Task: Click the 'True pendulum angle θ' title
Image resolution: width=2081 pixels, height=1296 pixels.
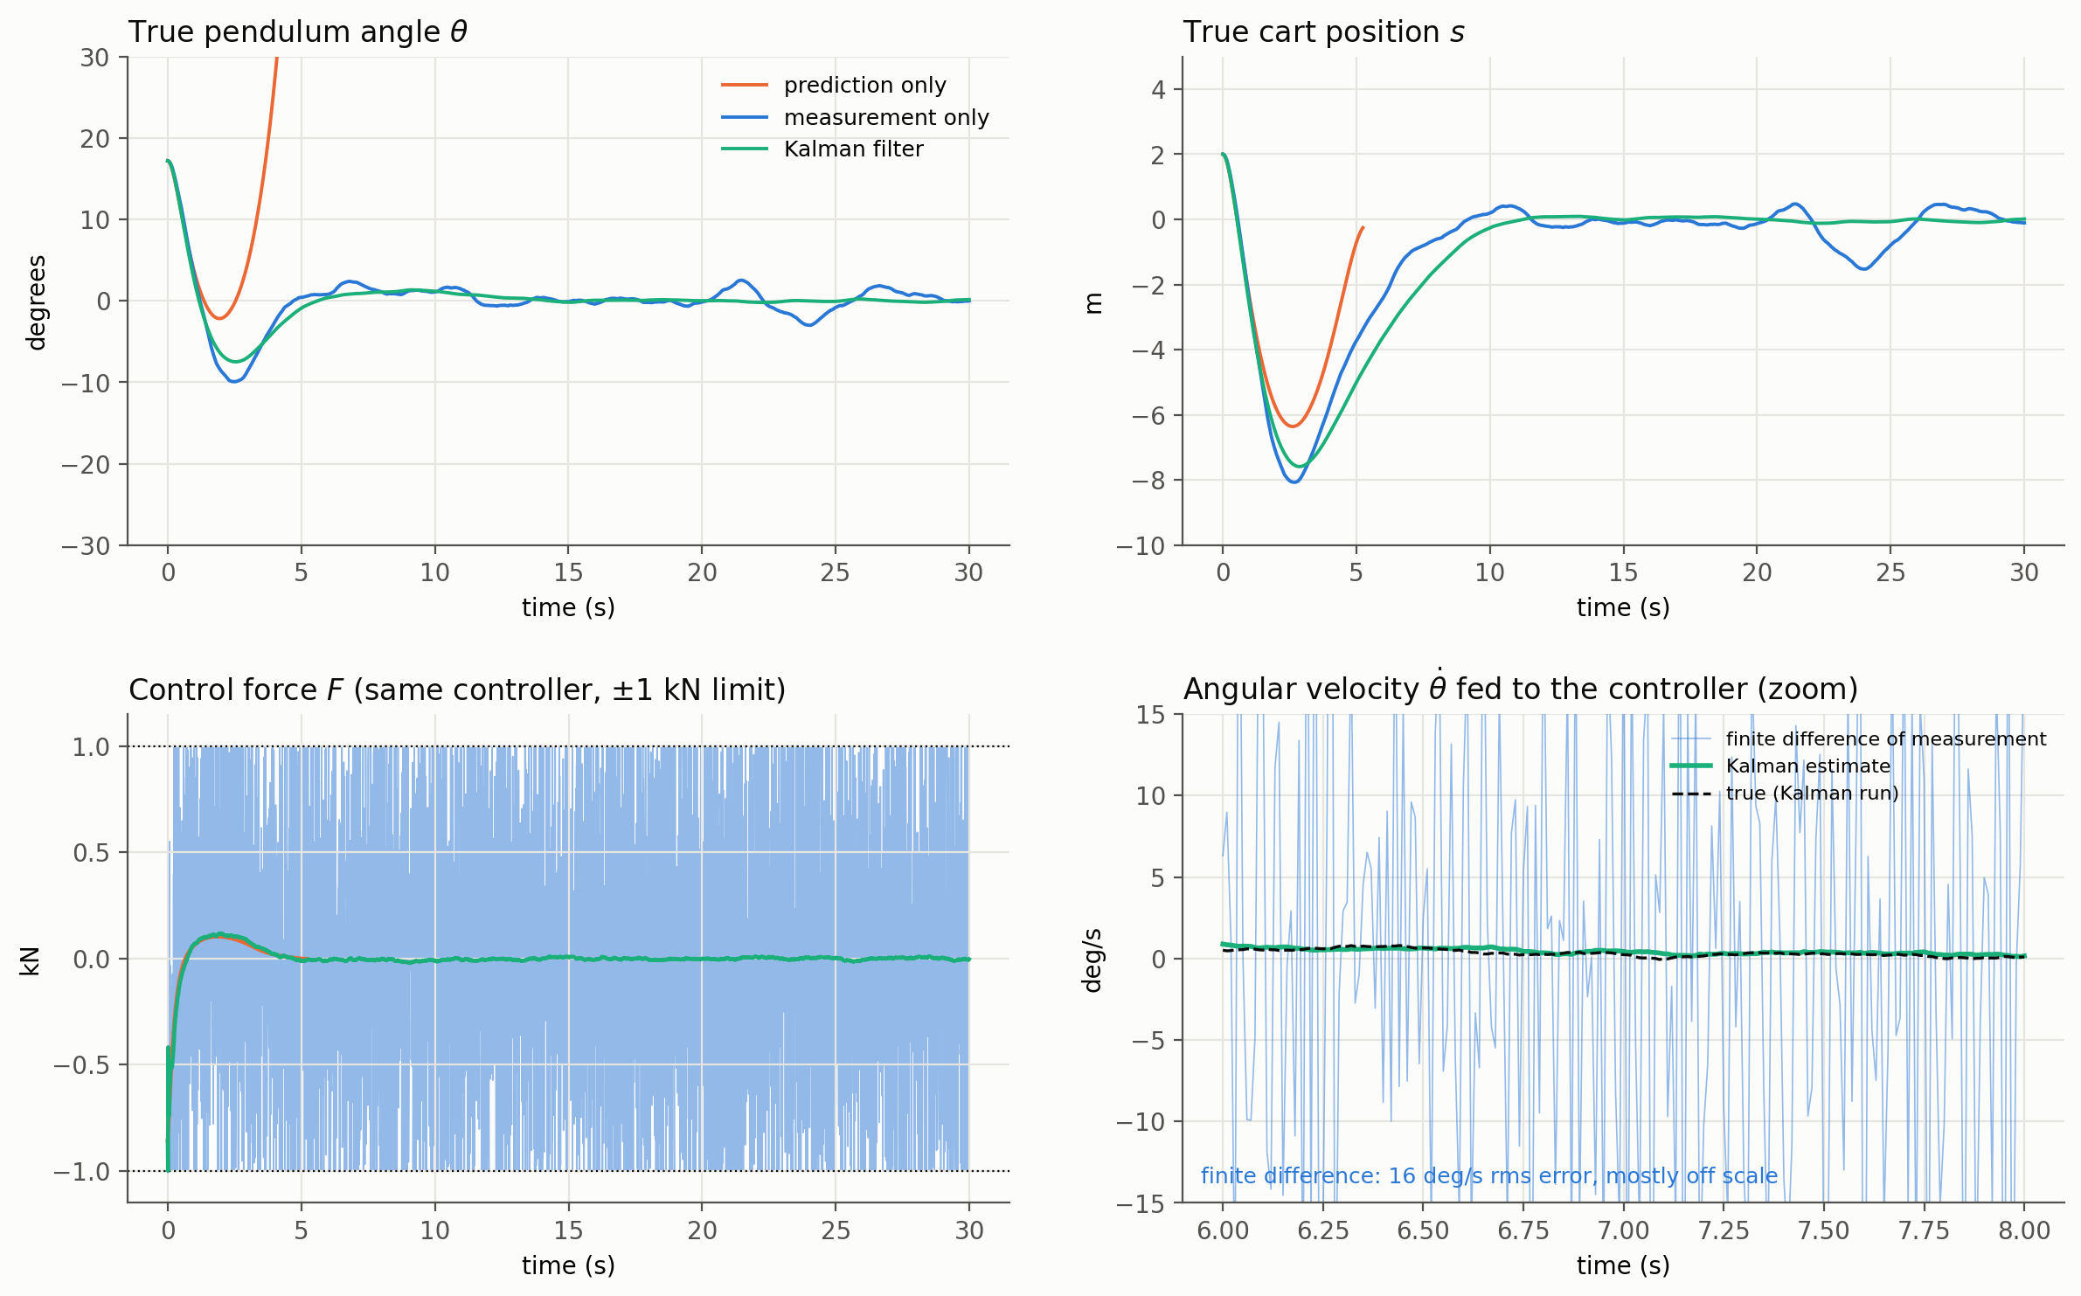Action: (298, 32)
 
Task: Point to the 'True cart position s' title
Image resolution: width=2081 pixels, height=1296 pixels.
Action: (1323, 32)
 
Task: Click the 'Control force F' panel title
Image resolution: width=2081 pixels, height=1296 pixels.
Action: (457, 690)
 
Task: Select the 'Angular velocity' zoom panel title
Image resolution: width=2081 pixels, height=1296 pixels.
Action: (1521, 688)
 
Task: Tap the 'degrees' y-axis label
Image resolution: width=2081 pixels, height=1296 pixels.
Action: (36, 302)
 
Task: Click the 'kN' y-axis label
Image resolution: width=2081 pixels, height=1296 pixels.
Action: (30, 960)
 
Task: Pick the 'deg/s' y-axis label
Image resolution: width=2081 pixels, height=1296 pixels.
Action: (1092, 960)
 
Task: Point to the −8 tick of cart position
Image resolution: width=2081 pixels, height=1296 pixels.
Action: (1148, 481)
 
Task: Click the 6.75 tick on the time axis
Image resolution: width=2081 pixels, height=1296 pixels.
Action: (1523, 1231)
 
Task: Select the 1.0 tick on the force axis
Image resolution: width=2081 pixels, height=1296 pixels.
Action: (91, 747)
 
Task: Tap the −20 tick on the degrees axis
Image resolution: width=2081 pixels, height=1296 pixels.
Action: (86, 465)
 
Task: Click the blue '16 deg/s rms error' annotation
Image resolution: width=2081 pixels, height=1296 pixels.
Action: (1489, 1176)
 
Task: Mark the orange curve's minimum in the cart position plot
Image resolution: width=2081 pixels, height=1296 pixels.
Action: (1293, 426)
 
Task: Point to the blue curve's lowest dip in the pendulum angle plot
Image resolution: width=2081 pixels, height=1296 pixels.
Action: (234, 382)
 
